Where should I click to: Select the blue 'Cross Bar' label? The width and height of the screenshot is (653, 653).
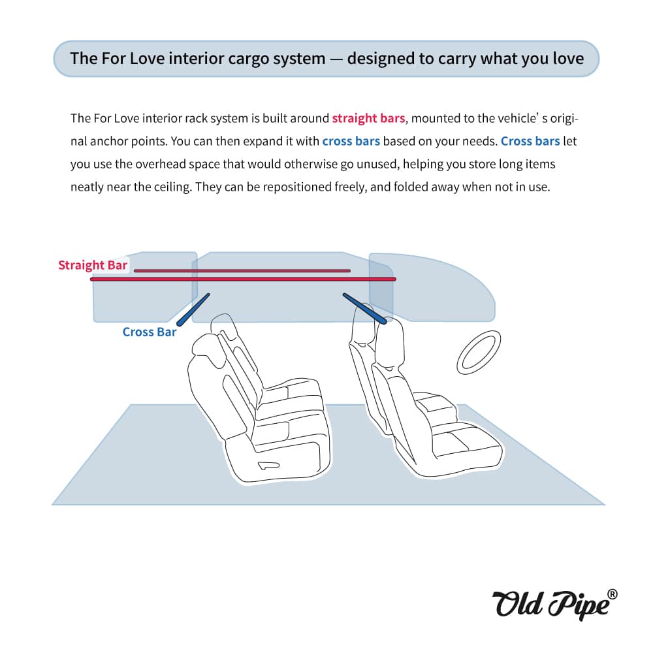150,332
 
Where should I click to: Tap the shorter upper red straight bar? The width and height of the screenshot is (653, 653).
242,270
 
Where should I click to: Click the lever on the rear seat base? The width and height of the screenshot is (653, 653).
268,466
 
